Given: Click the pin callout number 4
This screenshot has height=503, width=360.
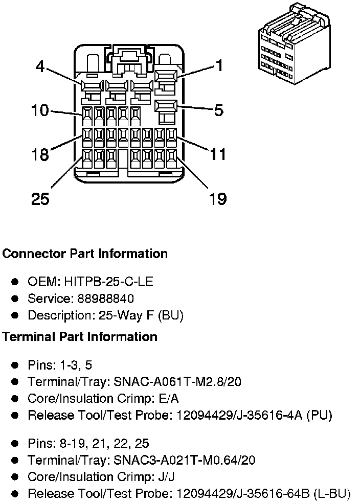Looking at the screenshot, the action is (40, 66).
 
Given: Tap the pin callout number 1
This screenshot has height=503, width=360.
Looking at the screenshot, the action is (219, 65).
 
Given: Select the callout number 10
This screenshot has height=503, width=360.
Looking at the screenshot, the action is (40, 110).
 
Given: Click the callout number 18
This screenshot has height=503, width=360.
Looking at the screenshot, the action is (40, 154).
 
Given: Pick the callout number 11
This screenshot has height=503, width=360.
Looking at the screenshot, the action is (218, 154).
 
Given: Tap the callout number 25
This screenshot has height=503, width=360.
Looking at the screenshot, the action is (40, 198).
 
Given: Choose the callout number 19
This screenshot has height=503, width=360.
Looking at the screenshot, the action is (218, 198).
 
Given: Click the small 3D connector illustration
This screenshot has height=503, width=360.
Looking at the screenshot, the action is (294, 44).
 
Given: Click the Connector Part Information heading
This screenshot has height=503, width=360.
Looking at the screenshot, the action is (85, 254).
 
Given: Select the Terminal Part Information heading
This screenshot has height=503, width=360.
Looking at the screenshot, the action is (80, 336).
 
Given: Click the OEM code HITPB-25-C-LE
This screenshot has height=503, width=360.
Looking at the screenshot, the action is (109, 281).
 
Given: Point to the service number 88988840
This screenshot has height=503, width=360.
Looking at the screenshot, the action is (105, 299).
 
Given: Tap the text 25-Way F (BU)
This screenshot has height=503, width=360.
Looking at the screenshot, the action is (141, 315).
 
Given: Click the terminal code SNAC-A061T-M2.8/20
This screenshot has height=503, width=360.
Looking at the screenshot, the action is (177, 382).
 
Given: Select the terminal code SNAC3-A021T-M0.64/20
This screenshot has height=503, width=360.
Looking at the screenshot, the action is (185, 460).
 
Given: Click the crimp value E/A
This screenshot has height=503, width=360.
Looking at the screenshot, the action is (169, 398).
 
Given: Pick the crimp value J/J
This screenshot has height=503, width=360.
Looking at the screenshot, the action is (167, 477).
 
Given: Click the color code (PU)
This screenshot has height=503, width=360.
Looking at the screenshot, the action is (319, 415).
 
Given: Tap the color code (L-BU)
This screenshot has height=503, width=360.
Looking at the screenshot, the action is (332, 493).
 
